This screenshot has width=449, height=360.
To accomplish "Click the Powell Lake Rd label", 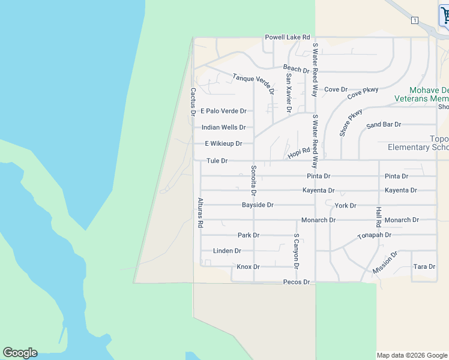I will [x=288, y=37].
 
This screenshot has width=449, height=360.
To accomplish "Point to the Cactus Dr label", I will [x=193, y=101].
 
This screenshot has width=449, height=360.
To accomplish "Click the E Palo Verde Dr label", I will [x=223, y=111].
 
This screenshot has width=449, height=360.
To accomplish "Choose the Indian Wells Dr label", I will [x=223, y=127].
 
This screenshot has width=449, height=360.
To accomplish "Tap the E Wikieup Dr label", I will [x=223, y=143].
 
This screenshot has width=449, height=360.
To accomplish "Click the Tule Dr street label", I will [x=217, y=161].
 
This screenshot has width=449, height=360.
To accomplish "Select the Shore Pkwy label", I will [x=351, y=122].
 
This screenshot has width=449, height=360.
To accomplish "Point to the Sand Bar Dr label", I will [x=383, y=125].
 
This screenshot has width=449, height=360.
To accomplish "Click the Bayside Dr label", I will [x=258, y=205].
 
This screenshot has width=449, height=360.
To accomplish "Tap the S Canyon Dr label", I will [x=296, y=251].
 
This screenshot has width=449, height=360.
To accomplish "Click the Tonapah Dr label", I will [x=374, y=235].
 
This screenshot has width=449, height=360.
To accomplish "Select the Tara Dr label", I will [x=424, y=266].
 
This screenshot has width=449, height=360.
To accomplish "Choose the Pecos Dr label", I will [x=297, y=282].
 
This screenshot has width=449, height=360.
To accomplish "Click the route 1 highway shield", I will [x=414, y=20].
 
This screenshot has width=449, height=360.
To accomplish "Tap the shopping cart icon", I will [x=444, y=14].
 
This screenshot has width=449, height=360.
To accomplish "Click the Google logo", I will [x=20, y=353].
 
